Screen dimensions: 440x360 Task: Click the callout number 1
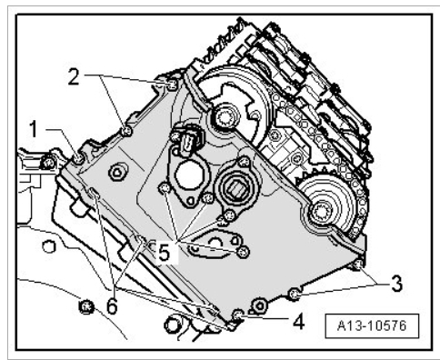pos(33,129)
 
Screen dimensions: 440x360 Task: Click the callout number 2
pos(74,76)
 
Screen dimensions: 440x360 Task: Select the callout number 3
pos(396,284)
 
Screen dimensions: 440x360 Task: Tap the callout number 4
pos(298,321)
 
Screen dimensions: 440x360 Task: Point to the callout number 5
pos(164,253)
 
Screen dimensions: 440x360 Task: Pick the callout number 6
pos(112,306)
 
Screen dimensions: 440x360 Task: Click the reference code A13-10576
pos(372,326)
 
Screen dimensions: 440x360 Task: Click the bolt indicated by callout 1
pos(78,158)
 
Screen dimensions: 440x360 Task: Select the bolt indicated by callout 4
pos(237,315)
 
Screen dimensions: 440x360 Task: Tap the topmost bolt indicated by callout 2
pos(172,85)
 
